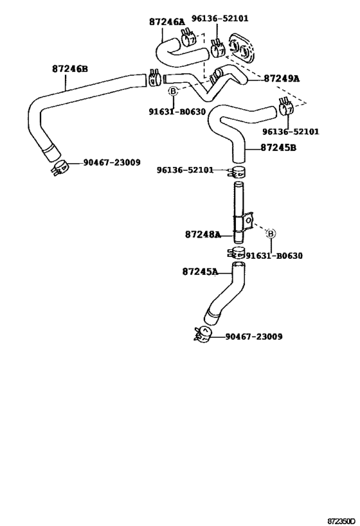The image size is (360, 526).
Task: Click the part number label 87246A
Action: pos(166,21)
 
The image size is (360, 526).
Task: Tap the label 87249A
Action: pos(281,78)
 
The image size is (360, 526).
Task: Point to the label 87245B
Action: pos(278,148)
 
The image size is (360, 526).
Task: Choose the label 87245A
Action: pos(200,272)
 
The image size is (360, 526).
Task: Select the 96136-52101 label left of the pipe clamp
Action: pos(184,170)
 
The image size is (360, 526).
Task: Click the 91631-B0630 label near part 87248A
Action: pos(274,256)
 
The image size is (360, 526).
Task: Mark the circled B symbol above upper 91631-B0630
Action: pos(173,92)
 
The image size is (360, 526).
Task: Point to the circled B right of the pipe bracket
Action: pos(271,233)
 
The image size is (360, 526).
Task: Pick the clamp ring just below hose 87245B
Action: pos(239,171)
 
